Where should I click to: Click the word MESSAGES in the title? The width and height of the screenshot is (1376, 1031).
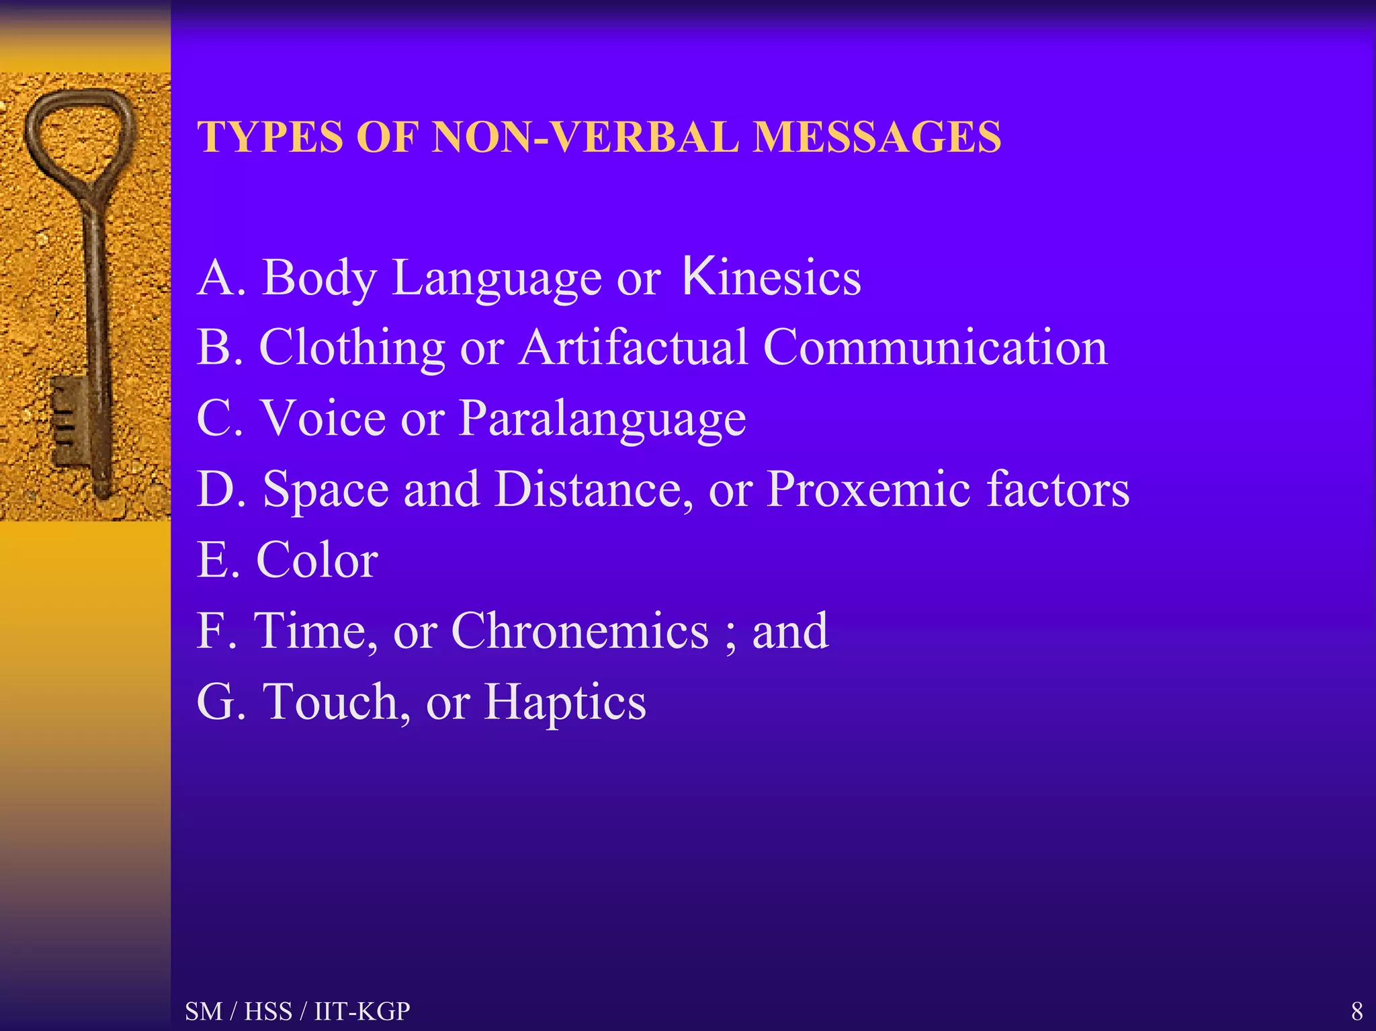point(877,137)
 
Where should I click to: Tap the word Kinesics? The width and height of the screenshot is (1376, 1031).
point(771,278)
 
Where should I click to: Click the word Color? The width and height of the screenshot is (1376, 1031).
point(317,560)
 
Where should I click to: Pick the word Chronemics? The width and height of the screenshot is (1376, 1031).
point(580,631)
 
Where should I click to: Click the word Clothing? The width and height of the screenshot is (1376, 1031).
point(352,349)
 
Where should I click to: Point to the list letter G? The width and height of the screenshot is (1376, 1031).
point(215,702)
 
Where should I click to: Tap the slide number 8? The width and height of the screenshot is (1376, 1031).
point(1357,1011)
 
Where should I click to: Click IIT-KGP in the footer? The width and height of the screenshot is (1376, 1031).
point(362,1011)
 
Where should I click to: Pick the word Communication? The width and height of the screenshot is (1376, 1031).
point(935,347)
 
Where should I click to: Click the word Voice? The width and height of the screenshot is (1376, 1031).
point(323,419)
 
